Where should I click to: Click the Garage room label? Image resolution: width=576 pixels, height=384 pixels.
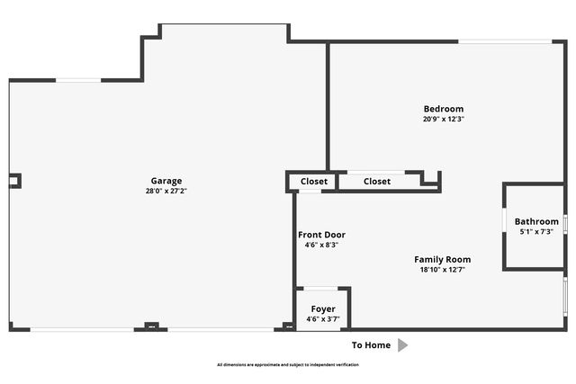coord(166,180)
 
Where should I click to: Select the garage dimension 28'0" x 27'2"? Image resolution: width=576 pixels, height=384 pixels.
coord(166,191)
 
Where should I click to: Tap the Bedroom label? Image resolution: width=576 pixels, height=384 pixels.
coord(444,109)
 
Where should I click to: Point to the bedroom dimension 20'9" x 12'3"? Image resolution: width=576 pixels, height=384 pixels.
coord(444,119)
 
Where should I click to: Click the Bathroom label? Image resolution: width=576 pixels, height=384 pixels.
coord(536,221)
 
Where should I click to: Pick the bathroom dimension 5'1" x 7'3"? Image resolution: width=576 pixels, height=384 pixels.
coord(536,232)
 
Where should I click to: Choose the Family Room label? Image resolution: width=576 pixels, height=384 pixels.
coord(443,259)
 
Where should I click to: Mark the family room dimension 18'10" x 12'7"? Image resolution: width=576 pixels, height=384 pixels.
coord(443,270)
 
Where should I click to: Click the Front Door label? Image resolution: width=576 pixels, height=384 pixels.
coord(321,235)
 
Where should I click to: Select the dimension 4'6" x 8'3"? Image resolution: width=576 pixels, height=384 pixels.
coord(321,245)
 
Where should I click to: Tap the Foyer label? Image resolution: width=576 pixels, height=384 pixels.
coord(322,308)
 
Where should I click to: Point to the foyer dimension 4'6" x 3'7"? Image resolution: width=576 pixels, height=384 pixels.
coord(322,318)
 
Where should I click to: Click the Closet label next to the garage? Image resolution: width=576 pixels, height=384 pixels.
coord(314,182)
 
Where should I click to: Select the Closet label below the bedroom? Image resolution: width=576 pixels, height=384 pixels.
coord(377,182)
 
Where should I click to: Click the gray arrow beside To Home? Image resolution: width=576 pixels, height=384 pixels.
coord(403,345)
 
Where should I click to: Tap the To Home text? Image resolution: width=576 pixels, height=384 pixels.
coord(371,345)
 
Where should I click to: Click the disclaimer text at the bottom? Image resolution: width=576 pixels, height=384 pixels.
coord(287,365)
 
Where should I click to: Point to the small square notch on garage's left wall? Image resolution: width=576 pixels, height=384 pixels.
coord(14,181)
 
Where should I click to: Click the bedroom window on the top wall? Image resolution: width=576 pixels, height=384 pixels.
coord(505,40)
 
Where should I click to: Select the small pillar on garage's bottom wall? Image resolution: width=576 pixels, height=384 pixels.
coord(152,326)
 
